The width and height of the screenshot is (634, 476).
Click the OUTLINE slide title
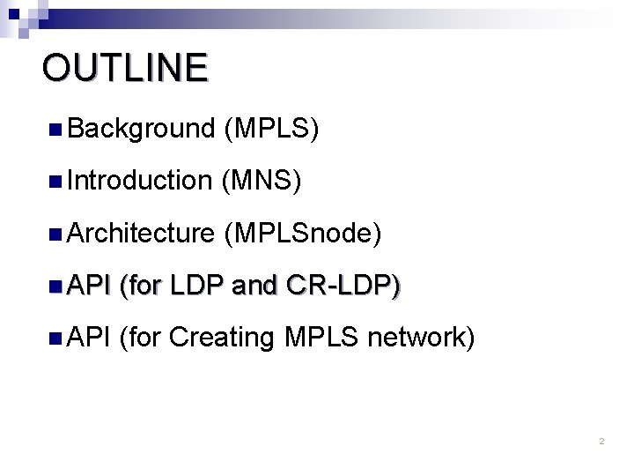[x=124, y=68]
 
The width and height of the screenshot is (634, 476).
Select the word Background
[x=140, y=130]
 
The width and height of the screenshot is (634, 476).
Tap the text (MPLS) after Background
[x=271, y=130]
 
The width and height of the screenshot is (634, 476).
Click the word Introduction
[x=139, y=182]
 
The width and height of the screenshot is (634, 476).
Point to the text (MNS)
[x=263, y=182]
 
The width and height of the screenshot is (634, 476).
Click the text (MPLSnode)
[x=303, y=234]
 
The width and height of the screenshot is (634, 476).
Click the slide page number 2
[x=601, y=441]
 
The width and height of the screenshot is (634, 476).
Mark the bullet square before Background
[x=55, y=130]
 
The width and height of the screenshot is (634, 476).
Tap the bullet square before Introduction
[x=55, y=182]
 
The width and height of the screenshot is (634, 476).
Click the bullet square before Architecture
[x=55, y=234]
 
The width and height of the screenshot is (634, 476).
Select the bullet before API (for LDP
[x=55, y=286]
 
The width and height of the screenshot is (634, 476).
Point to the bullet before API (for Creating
[x=55, y=338]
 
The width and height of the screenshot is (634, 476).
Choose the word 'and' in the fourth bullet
[x=255, y=285]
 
